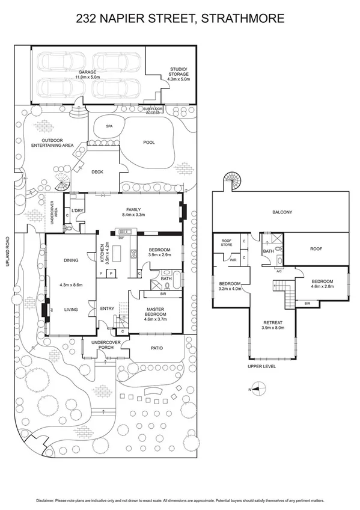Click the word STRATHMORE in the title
point(243,19)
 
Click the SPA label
point(109,127)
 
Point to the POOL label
point(150,143)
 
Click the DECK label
point(97,172)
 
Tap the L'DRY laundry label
point(77,210)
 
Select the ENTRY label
point(108,309)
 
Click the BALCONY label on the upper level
point(282,212)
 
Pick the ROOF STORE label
point(227,242)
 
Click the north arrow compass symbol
point(256,389)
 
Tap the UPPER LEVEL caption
point(261,366)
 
